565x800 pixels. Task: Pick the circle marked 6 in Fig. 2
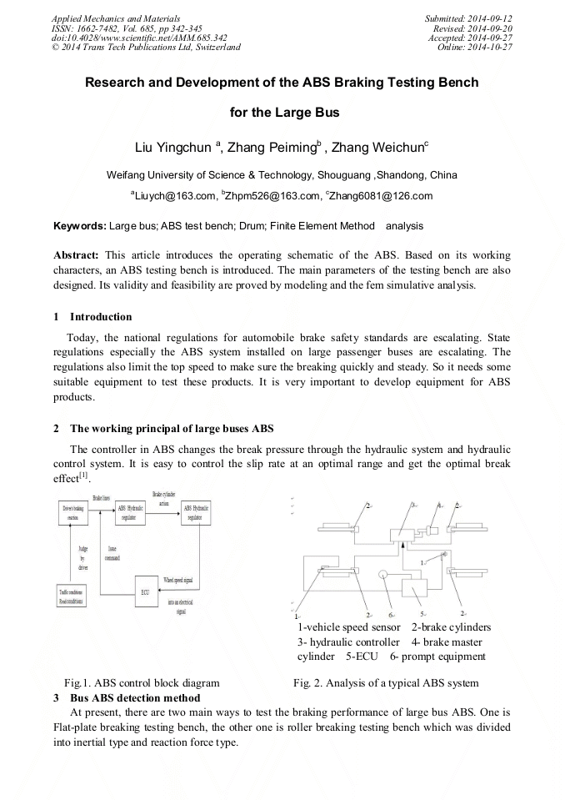pyautogui.click(x=384, y=574)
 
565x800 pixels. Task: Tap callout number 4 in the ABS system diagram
pyautogui.click(x=439, y=505)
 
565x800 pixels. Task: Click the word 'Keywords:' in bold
pyautogui.click(x=80, y=226)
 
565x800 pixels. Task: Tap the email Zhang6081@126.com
pyautogui.click(x=380, y=197)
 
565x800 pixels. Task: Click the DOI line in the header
pyautogui.click(x=139, y=38)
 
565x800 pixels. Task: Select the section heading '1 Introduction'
pyautogui.click(x=92, y=317)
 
